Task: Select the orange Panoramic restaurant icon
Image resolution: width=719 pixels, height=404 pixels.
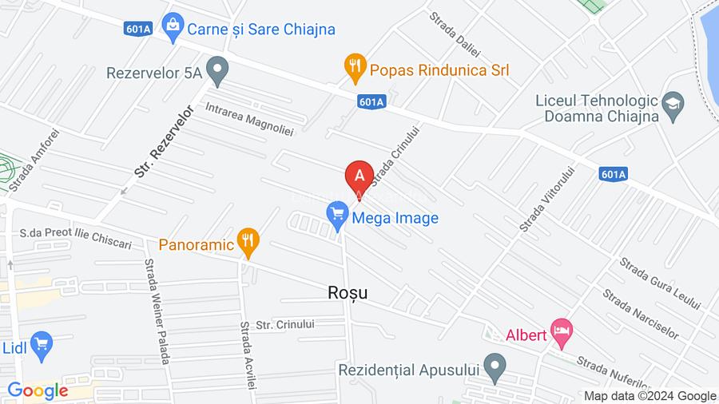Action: [249, 242]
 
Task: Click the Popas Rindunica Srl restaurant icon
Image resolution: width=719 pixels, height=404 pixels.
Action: [355, 67]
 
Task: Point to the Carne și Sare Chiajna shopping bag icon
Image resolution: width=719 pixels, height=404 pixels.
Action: [171, 30]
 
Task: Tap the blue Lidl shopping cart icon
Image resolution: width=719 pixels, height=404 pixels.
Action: [41, 344]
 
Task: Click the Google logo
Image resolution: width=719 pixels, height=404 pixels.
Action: [38, 390]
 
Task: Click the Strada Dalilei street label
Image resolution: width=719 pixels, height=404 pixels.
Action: [455, 34]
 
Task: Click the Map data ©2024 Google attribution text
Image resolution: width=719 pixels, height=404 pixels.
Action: [649, 396]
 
